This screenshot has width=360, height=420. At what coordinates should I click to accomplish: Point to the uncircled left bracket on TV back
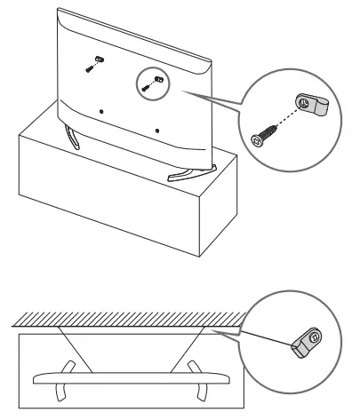click(x=95, y=60)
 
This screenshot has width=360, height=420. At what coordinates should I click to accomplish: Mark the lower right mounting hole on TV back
click(x=157, y=131)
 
